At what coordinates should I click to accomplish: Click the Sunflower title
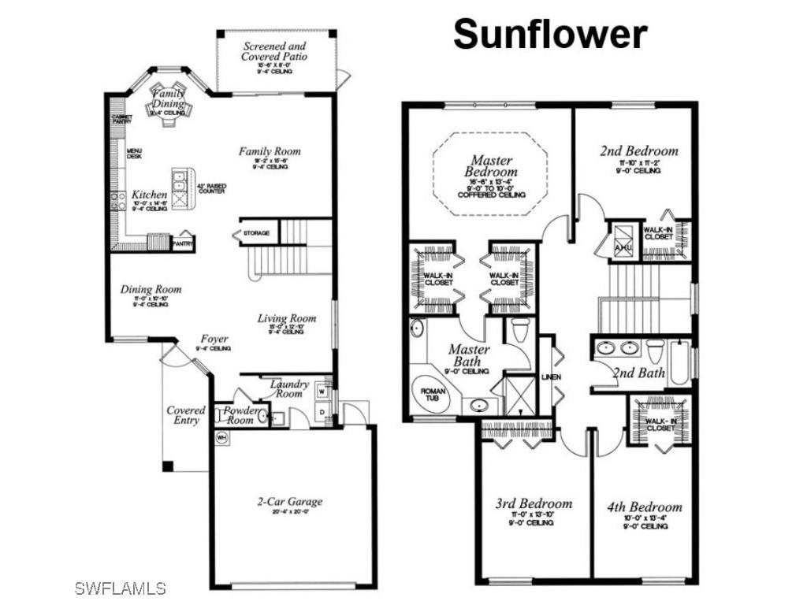click(x=550, y=35)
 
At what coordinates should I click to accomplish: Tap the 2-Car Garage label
click(x=290, y=502)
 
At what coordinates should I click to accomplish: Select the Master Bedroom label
click(x=492, y=166)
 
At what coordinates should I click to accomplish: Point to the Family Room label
click(x=270, y=151)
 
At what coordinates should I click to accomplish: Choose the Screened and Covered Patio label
click(x=274, y=52)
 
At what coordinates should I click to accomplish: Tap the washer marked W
click(x=323, y=391)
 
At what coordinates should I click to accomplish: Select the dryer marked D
click(x=323, y=412)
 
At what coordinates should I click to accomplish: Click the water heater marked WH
click(x=222, y=437)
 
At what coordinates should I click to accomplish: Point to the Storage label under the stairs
click(x=256, y=233)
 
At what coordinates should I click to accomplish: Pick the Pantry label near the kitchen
click(x=183, y=243)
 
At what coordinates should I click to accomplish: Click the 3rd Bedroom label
click(x=534, y=503)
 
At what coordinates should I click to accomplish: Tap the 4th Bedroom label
click(x=644, y=507)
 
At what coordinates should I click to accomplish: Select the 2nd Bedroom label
click(x=638, y=150)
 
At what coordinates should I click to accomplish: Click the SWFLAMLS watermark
click(x=121, y=588)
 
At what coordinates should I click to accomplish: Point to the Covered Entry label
click(x=186, y=415)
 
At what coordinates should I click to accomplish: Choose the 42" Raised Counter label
click(x=211, y=189)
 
